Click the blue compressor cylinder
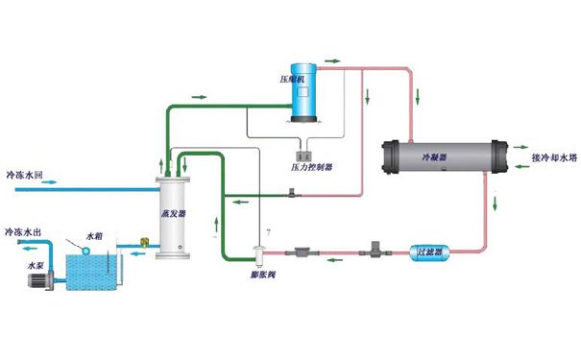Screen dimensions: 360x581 (306, 94)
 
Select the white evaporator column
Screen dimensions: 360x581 (173, 214)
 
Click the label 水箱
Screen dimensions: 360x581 (94, 235)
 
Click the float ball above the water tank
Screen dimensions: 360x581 (85, 251)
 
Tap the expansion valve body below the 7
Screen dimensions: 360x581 (257, 254)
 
